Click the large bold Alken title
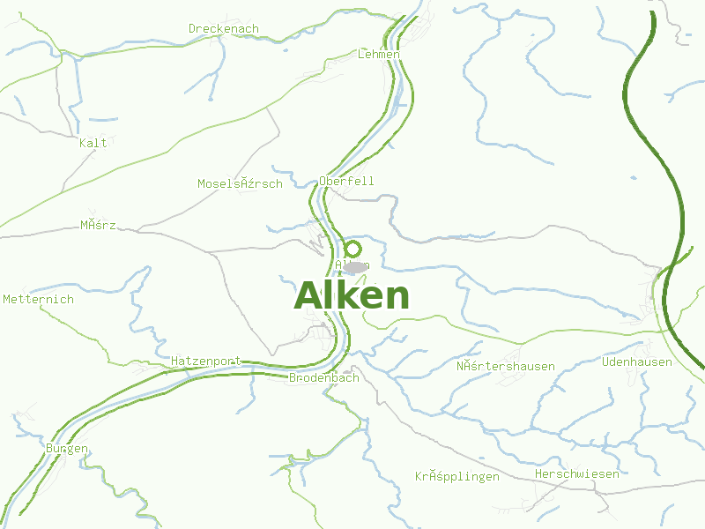[352, 296]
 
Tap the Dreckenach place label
[224, 28]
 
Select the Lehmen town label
[379, 54]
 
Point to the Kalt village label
[93, 143]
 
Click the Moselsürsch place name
[240, 183]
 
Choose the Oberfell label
[346, 181]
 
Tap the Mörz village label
[98, 225]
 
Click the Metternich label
[38, 299]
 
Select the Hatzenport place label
[205, 361]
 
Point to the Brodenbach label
[323, 377]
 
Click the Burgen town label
[66, 448]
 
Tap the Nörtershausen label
[505, 366]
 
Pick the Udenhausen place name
[636, 361]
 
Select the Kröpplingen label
[456, 476]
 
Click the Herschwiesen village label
[576, 473]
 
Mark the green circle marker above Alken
[352, 250]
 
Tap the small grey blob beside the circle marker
[357, 266]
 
